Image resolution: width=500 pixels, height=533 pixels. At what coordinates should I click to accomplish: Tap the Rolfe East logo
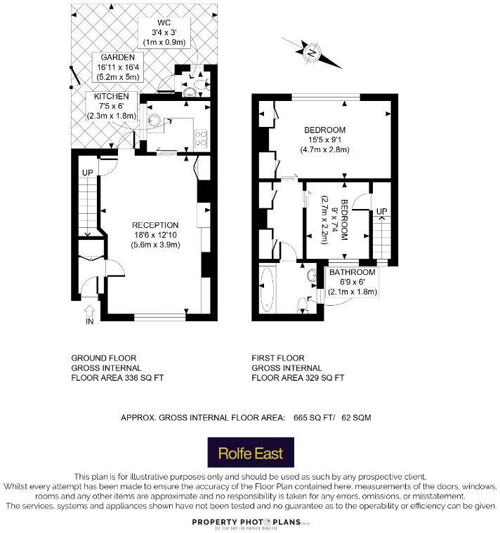point(249,452)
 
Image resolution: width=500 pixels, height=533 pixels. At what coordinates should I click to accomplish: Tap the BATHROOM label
point(353,272)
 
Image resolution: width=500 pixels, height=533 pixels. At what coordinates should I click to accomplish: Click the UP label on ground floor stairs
point(88,173)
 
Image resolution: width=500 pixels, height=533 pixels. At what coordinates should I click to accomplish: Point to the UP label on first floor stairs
point(382,211)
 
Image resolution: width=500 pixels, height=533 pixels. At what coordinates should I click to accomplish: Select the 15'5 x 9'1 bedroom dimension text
point(324,140)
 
